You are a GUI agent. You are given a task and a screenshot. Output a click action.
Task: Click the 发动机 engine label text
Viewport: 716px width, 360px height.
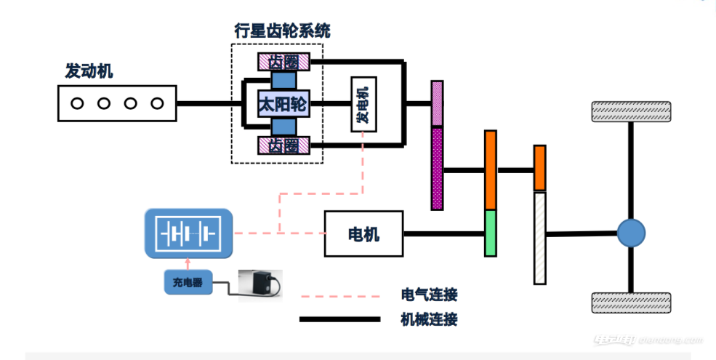(89, 71)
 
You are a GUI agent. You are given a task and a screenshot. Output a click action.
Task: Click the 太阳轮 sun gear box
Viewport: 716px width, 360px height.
(283, 105)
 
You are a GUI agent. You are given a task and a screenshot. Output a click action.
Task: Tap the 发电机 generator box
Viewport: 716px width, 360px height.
(363, 104)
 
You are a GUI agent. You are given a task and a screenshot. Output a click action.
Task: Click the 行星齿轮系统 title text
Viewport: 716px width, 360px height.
(282, 31)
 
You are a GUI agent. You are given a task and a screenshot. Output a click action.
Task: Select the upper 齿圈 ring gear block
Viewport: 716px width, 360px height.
(283, 62)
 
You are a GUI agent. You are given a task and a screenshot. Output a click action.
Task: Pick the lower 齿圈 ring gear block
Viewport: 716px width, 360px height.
(283, 146)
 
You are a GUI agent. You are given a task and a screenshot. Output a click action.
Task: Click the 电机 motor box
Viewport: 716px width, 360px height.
(363, 234)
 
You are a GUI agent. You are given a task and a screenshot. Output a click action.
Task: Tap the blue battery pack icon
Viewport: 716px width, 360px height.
(189, 234)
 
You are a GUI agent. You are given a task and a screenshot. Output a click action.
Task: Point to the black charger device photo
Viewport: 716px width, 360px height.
(260, 284)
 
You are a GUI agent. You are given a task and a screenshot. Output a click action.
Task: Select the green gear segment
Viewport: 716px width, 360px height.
(491, 233)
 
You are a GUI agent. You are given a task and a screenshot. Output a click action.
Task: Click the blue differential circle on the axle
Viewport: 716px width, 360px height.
(631, 233)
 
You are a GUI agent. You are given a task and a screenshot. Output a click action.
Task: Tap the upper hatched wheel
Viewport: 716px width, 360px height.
(631, 111)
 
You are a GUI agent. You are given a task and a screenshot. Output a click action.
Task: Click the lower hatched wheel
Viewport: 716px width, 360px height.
(631, 302)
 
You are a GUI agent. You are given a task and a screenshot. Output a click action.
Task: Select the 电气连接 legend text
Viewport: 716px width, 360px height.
(429, 295)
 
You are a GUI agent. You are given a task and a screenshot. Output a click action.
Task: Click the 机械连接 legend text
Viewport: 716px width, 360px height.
(429, 319)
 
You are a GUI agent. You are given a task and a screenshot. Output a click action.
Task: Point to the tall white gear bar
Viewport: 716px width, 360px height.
(539, 238)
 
